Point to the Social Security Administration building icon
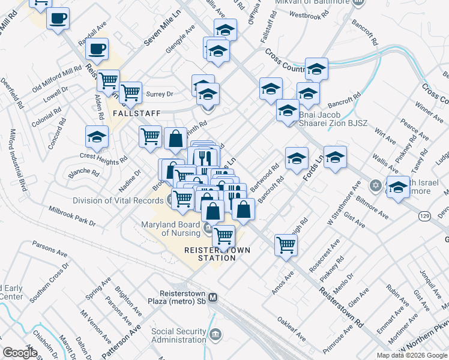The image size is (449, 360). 216,334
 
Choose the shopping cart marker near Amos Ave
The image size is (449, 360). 286,244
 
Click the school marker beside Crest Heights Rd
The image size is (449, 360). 97,137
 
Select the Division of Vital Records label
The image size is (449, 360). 116,201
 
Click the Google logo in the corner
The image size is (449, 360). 20,353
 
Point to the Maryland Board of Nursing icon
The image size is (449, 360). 207,228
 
